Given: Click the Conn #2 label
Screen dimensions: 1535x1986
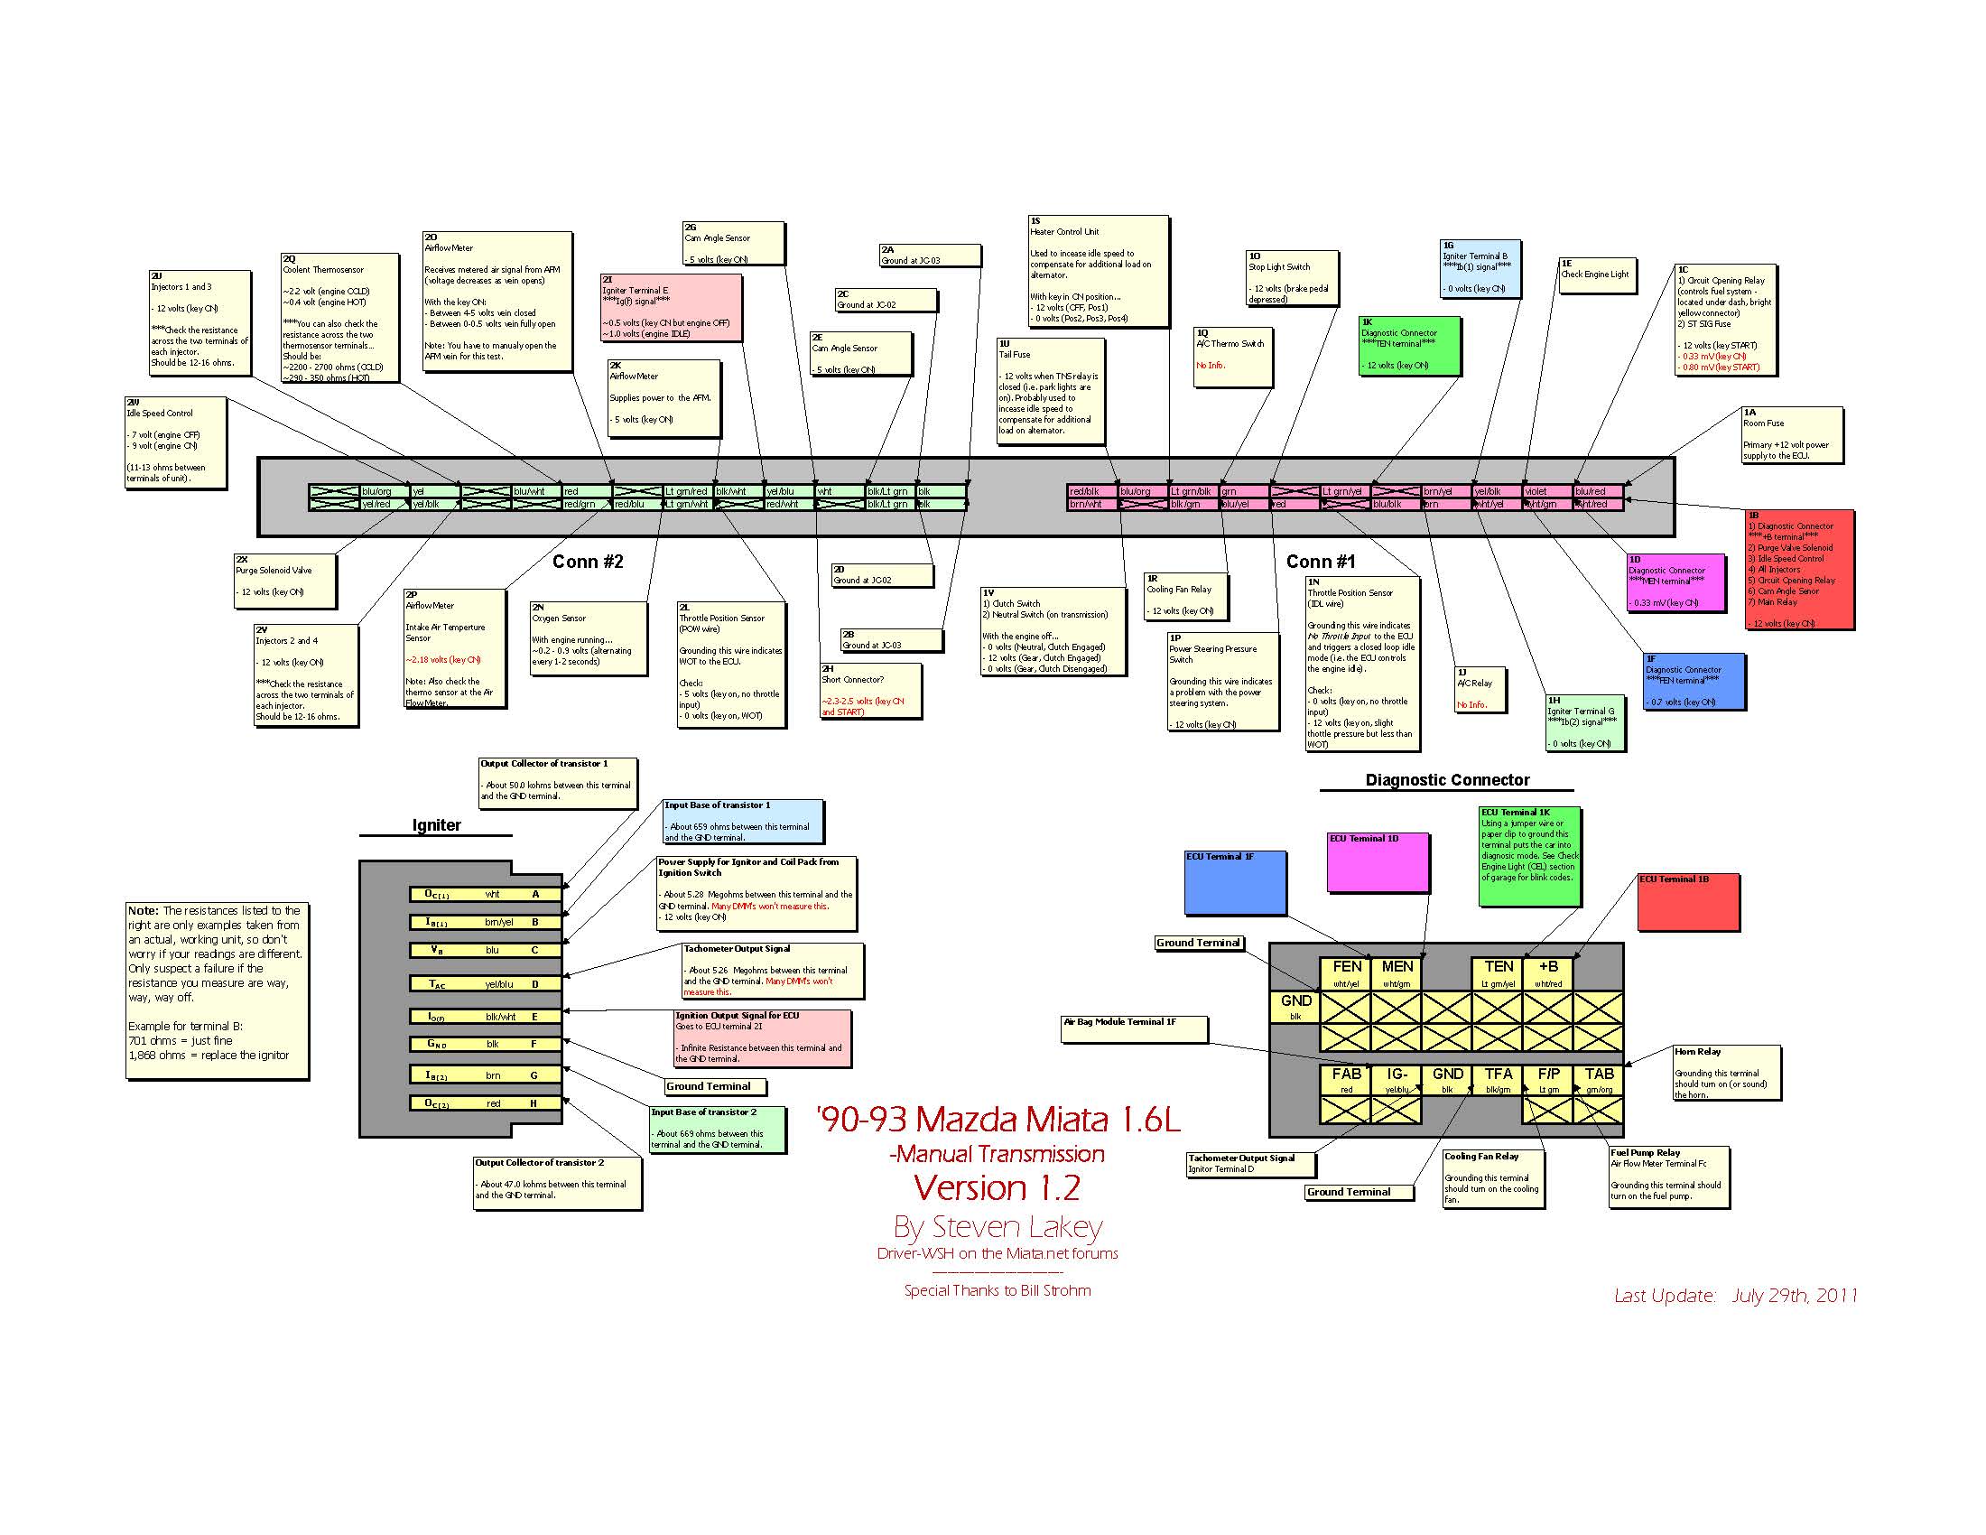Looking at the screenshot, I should [x=588, y=562].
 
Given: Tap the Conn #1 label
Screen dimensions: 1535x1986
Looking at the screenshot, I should [x=1321, y=562].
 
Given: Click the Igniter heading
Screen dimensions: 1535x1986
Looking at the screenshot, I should [x=437, y=824].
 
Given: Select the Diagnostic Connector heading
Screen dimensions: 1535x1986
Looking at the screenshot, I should [x=1447, y=780].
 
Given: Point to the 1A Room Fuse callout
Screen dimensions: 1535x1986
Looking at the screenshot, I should [x=1792, y=434].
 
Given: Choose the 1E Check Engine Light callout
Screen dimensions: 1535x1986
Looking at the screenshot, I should [x=1598, y=274].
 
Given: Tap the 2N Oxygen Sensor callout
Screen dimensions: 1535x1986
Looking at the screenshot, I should [x=589, y=637].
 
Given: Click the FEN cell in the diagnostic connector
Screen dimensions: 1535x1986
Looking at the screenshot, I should [x=1346, y=972].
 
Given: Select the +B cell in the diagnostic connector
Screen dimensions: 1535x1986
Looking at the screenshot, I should [x=1547, y=972].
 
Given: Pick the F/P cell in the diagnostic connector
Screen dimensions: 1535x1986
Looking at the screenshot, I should [x=1547, y=1079].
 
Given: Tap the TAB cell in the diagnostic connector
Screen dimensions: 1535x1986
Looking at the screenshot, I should [x=1599, y=1079].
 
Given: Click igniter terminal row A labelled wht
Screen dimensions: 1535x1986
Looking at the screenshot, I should [x=486, y=894].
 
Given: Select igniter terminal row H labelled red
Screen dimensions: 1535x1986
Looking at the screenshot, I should [x=486, y=1103].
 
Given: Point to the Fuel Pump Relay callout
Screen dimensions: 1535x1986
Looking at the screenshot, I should [x=1668, y=1177].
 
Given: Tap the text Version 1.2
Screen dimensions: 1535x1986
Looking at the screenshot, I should [x=997, y=1187].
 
